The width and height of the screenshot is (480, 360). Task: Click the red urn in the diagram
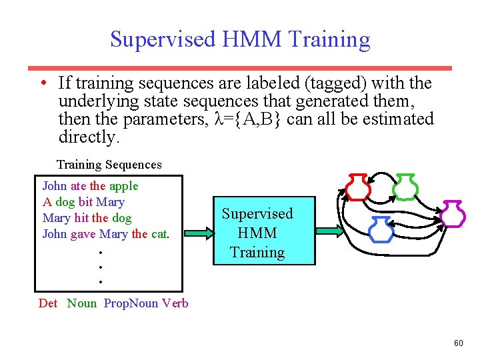click(x=357, y=187)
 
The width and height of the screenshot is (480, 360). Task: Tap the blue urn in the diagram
click(x=381, y=229)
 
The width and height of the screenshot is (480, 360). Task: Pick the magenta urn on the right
click(x=453, y=214)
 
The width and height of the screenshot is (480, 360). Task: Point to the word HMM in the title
click(x=253, y=39)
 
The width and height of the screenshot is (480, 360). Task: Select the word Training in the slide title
click(x=329, y=40)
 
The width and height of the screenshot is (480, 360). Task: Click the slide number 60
click(x=458, y=343)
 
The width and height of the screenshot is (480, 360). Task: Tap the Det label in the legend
click(x=48, y=303)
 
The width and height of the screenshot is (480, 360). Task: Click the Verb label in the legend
click(x=175, y=303)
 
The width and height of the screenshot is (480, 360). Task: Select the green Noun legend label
click(x=81, y=303)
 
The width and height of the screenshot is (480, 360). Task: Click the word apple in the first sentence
click(x=123, y=186)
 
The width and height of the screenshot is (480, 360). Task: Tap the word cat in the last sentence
click(x=159, y=234)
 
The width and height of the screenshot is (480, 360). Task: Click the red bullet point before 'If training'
click(x=43, y=83)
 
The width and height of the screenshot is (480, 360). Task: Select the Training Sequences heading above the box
click(x=109, y=165)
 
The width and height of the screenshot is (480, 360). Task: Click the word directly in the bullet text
click(x=89, y=137)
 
